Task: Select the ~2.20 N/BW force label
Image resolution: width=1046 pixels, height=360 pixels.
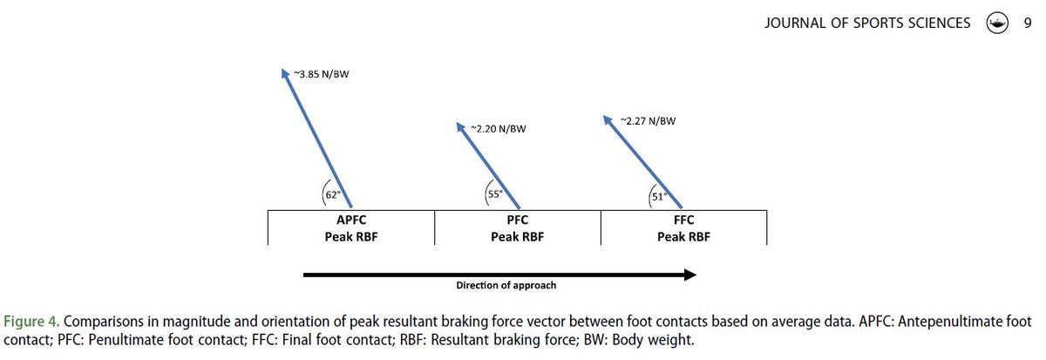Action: coord(499,129)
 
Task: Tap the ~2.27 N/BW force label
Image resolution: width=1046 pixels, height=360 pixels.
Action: coord(648,120)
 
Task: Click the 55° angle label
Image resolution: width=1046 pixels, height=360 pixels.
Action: coord(494,195)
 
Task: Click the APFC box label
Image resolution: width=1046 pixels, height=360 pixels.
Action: coord(351,221)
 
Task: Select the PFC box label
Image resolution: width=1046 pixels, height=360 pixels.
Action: coord(518,221)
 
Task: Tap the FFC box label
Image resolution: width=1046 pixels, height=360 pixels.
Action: coord(685,221)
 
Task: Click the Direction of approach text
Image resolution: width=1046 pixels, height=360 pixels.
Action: coord(506,285)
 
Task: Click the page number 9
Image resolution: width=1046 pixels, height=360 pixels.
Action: coord(1028,24)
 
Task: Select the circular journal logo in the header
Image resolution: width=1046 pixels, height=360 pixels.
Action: coord(996,24)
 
